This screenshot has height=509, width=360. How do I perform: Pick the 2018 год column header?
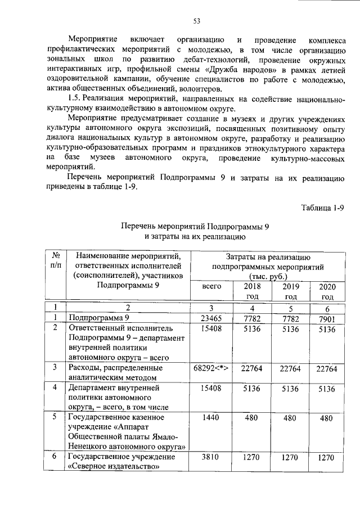click(251, 291)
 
